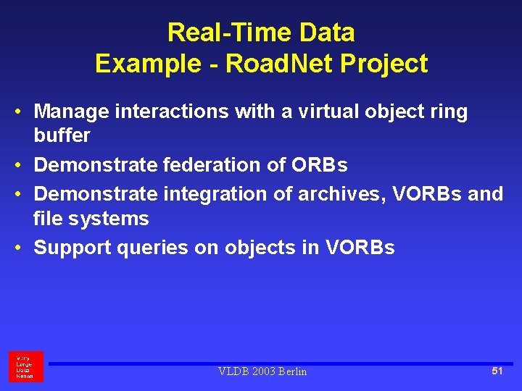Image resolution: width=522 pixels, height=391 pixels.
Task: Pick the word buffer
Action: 62,135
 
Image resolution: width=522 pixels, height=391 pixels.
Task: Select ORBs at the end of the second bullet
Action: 319,165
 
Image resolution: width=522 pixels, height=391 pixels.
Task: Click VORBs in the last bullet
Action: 360,248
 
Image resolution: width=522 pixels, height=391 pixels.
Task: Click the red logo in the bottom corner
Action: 25,367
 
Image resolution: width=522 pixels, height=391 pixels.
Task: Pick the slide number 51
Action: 497,371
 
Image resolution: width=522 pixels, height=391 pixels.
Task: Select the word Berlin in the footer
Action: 291,371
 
